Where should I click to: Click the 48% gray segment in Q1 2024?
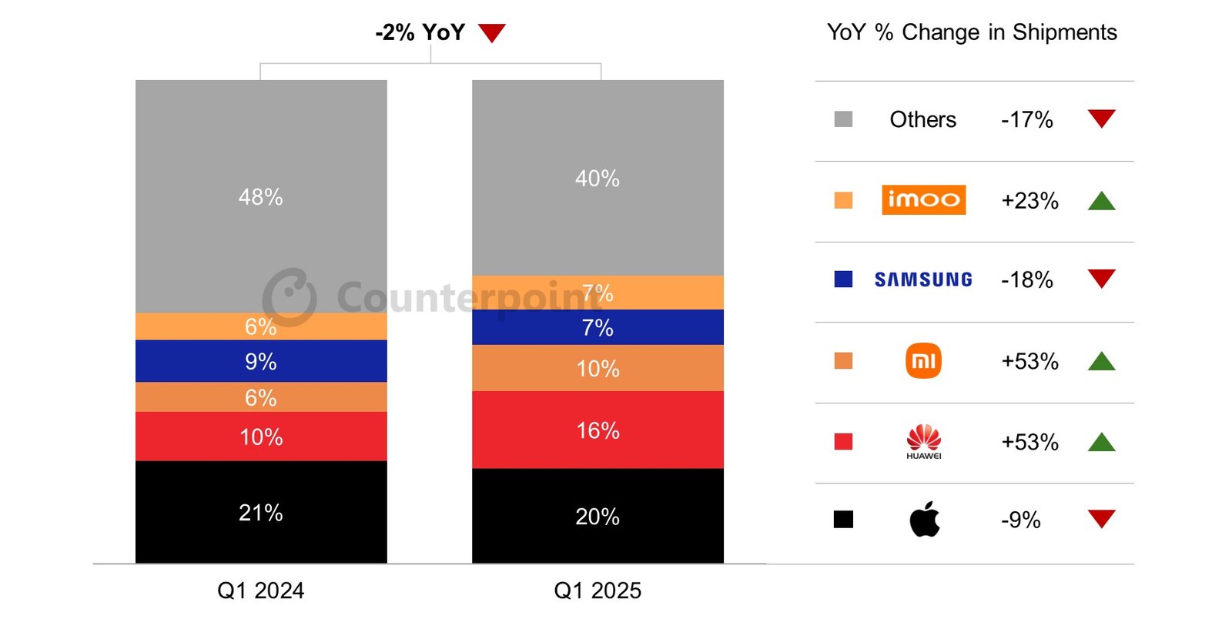[260, 196]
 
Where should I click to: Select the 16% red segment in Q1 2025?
[598, 430]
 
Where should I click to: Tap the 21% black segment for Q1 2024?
[260, 512]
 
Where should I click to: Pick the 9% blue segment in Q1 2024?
[260, 361]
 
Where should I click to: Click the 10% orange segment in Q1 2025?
[598, 368]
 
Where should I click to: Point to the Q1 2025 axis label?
[598, 591]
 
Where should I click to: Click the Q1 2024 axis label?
[260, 591]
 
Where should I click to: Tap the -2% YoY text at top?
[420, 32]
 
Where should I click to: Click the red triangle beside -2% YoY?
[491, 32]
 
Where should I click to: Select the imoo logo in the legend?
[923, 200]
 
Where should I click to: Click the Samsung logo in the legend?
[923, 279]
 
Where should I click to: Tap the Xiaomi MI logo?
[923, 361]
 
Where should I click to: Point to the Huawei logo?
[923, 441]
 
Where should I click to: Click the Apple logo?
[924, 520]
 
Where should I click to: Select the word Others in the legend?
[922, 119]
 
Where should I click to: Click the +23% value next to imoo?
[1029, 201]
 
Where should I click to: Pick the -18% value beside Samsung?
[1026, 279]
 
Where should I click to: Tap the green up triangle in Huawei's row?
[1101, 442]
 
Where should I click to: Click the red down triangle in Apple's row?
[1101, 518]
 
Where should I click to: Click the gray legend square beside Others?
[843, 119]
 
